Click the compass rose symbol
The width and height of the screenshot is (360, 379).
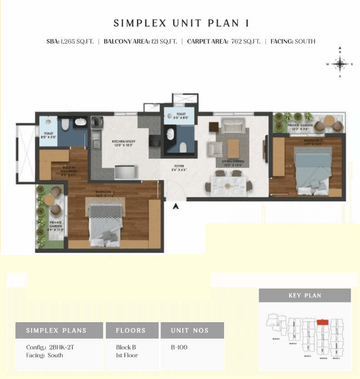coord(340,64)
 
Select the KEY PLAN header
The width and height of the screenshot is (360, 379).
coord(305,295)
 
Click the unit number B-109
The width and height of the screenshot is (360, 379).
coord(179,347)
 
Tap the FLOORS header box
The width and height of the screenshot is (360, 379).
coord(132,330)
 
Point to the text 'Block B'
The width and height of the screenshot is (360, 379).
coord(126,347)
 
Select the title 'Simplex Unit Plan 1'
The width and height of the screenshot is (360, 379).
coord(180,23)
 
